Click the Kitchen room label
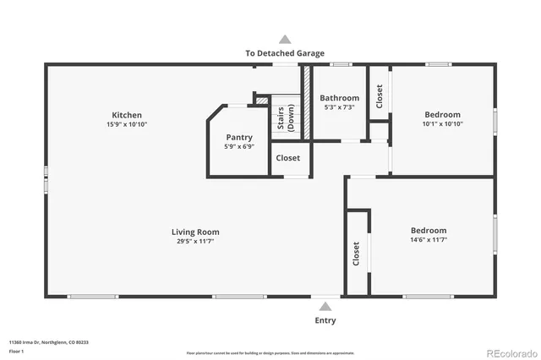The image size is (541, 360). (127, 115)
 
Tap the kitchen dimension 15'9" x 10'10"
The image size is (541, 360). (127, 124)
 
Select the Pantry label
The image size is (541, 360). (239, 137)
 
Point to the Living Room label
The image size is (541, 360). (195, 232)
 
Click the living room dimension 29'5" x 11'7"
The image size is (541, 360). (195, 241)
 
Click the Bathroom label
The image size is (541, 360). (339, 98)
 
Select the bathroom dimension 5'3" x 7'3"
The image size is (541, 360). (339, 107)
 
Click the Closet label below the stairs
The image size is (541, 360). (287, 158)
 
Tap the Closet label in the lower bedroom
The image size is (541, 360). (356, 253)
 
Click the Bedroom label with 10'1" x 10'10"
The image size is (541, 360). (442, 115)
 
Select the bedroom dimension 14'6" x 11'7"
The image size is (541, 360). (429, 240)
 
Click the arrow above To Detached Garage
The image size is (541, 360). (285, 39)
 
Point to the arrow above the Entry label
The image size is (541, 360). (325, 307)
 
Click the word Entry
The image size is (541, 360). (325, 320)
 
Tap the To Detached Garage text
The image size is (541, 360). (285, 52)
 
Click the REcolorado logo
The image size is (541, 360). (509, 352)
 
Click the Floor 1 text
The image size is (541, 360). (16, 351)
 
